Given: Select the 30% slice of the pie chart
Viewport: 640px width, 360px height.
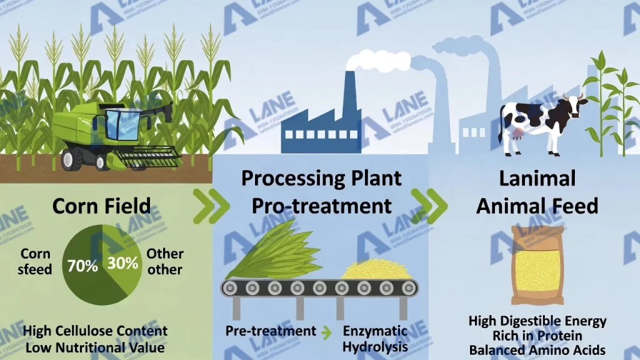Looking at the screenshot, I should coord(123,262).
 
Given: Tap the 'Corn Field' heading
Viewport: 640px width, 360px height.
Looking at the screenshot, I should coord(101,206).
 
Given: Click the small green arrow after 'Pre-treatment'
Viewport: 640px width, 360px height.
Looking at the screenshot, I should coord(327,332).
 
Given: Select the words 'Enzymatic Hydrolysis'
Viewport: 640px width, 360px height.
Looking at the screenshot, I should coord(375,338).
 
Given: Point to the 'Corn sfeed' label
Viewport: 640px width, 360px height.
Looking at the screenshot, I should coord(36,262).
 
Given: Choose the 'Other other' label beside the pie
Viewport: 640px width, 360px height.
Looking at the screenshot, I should coord(165,262).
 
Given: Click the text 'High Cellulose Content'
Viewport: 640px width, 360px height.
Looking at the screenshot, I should coord(96,331).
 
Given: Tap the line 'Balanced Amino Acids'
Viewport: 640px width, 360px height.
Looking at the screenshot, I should coord(537,350).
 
